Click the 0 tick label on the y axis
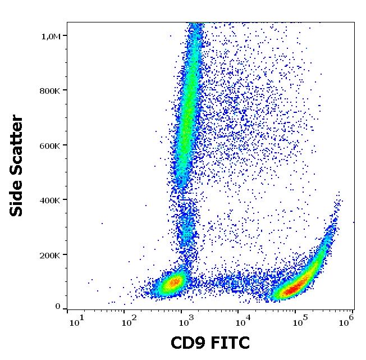point(57,307)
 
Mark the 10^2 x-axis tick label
point(129,322)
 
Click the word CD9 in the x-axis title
point(190,343)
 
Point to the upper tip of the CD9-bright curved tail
point(339,194)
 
